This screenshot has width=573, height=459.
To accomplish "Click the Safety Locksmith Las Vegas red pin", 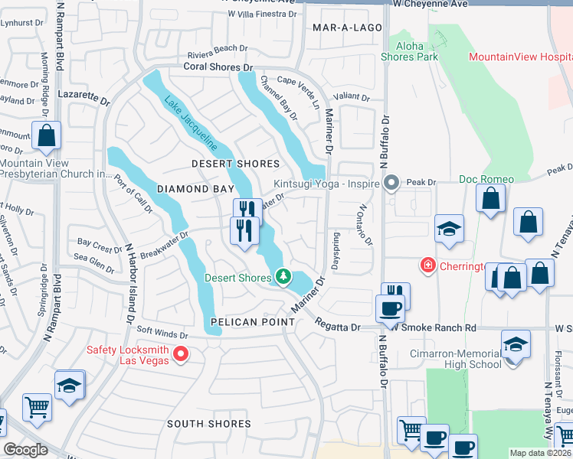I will click(x=181, y=353).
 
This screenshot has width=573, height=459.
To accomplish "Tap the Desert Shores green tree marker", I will click(x=283, y=276).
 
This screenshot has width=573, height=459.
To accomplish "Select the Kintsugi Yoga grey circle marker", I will click(x=391, y=183).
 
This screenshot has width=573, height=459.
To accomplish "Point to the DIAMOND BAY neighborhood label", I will click(x=183, y=188).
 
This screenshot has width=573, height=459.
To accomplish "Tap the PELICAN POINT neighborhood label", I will click(x=253, y=322).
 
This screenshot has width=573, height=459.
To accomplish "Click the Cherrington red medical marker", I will click(x=427, y=265).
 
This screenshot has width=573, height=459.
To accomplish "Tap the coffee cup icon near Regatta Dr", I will click(x=389, y=308).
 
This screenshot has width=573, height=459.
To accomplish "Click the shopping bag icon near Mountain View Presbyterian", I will click(x=47, y=136).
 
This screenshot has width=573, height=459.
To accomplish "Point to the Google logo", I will click(x=25, y=450).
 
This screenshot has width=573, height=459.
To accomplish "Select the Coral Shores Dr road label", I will click(x=218, y=67).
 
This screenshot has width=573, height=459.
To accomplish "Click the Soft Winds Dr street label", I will click(x=162, y=334).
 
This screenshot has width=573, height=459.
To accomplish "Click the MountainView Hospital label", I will click(x=520, y=57).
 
